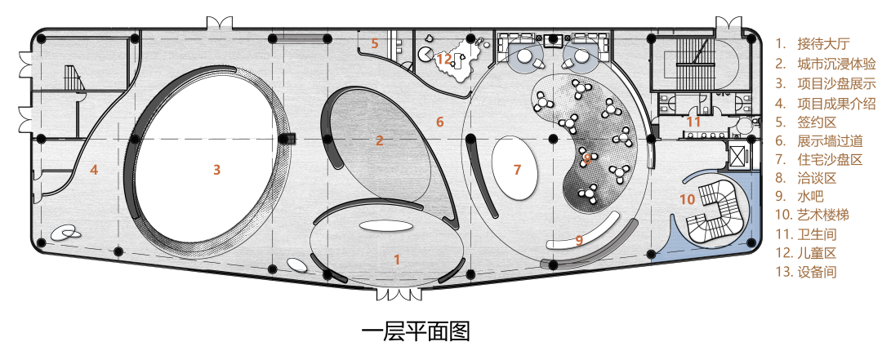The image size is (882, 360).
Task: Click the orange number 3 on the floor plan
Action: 216,170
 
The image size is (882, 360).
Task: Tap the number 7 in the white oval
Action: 516,170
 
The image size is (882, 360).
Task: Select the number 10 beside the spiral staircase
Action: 688,198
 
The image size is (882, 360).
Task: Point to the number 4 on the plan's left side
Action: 94,170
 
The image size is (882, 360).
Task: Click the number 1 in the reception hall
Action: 397,260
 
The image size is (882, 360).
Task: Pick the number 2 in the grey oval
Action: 379,140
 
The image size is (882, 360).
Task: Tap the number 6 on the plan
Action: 439,122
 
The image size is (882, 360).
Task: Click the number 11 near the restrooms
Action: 693,122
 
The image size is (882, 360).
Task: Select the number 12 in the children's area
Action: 443,59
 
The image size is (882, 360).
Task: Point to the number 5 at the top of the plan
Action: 375,43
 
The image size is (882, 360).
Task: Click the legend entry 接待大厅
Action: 825,43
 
